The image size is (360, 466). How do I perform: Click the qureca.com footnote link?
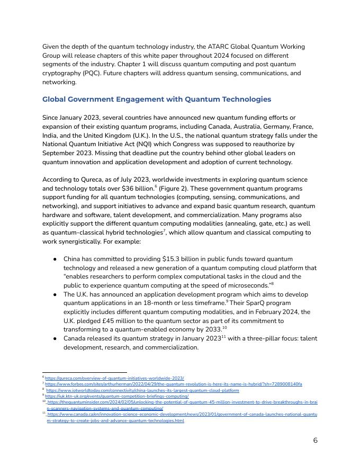coord(114,378)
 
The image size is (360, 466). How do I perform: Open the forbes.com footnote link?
coord(174,384)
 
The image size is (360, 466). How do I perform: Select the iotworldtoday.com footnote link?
coord(142,390)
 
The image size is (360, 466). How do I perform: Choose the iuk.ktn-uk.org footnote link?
coord(116,396)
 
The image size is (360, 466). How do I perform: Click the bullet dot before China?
coord(55,259)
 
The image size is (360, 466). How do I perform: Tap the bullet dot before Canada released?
coord(55,338)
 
